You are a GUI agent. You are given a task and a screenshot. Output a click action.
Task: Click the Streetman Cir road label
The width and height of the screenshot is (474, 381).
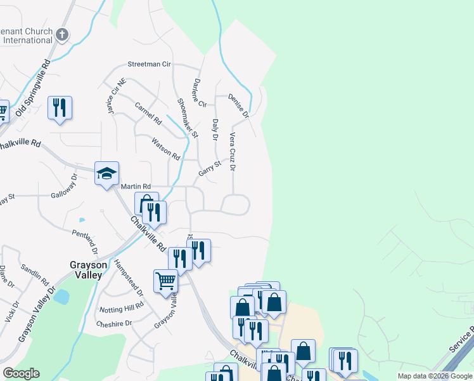150,65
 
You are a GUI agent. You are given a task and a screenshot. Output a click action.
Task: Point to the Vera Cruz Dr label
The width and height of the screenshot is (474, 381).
233,151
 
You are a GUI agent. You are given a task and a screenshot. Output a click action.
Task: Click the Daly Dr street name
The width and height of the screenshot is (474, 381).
215,130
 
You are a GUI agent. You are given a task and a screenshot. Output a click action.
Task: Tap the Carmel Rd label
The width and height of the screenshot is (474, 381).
149,114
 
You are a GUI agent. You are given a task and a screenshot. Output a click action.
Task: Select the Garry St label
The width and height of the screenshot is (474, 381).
209,168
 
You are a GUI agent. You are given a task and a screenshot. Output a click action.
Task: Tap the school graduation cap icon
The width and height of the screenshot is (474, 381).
106,173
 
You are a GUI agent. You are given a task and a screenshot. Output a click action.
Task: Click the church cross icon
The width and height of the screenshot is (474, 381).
62,34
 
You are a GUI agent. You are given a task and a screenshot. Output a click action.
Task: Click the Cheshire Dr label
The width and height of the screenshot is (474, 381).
115,323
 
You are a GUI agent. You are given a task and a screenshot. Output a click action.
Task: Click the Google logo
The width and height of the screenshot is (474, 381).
21,373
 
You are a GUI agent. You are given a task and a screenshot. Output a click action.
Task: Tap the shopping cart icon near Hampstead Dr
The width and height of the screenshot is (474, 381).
165,280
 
